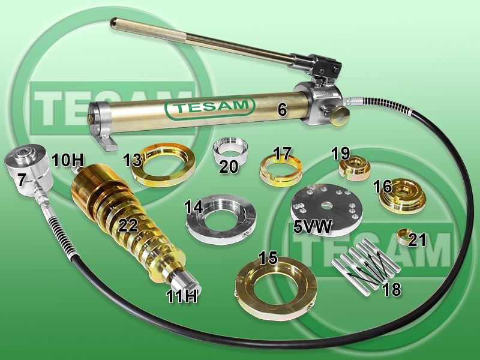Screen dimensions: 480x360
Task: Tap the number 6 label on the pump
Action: pyautogui.click(x=282, y=110)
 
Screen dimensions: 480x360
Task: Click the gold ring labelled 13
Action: pyautogui.click(x=164, y=164)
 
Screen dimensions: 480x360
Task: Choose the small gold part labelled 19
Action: pyautogui.click(x=355, y=169)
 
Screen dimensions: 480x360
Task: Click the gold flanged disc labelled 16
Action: pyautogui.click(x=403, y=196)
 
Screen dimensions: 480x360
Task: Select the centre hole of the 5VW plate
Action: pyautogui.click(x=326, y=205)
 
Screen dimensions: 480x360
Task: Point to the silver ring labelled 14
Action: pyautogui.click(x=221, y=218)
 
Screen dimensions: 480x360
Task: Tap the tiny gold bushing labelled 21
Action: pyautogui.click(x=404, y=236)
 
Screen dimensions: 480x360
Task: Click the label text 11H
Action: pyautogui.click(x=182, y=296)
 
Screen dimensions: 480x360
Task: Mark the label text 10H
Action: pyautogui.click(x=67, y=160)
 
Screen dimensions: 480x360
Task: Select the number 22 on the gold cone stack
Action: pyautogui.click(x=128, y=226)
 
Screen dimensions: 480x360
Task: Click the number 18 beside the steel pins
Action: pyautogui.click(x=392, y=289)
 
